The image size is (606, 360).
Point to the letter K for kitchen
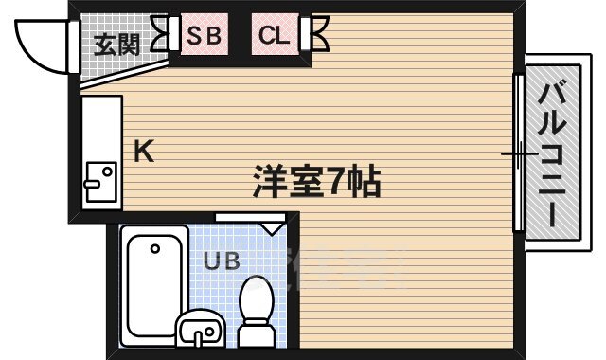click(143, 151)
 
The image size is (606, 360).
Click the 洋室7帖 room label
click(316, 179)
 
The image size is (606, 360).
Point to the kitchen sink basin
click(99, 177)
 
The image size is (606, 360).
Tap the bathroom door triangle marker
click(273, 227)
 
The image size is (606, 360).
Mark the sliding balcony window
click(519, 152)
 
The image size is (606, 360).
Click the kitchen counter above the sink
click(100, 128)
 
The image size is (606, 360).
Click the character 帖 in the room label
click(365, 179)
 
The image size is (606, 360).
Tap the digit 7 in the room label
click(336, 179)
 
